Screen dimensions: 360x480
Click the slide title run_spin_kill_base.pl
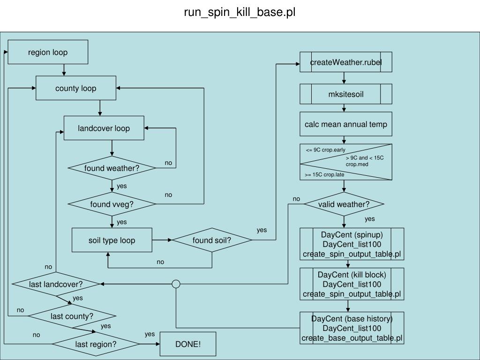pyautogui.click(x=240, y=12)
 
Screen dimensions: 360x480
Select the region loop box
pyautogui.click(x=48, y=52)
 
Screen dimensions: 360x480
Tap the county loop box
pyautogui.click(x=76, y=89)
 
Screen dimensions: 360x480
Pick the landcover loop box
pyautogui.click(x=104, y=128)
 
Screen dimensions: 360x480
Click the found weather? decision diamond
pyautogui.click(x=112, y=168)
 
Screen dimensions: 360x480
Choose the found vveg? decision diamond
pyautogui.click(x=112, y=204)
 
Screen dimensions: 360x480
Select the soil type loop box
pyautogui.click(x=112, y=240)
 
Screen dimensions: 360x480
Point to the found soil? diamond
pyautogui.click(x=212, y=240)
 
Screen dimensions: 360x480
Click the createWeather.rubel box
pyautogui.click(x=346, y=62)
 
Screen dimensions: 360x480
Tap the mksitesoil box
pyautogui.click(x=346, y=94)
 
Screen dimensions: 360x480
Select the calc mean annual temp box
pyautogui.click(x=346, y=125)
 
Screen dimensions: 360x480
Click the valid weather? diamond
pyautogui.click(x=344, y=204)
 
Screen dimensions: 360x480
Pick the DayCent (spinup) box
pyautogui.click(x=352, y=244)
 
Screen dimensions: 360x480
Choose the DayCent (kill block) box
pyautogui.click(x=352, y=284)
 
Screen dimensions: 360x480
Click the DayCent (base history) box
pyautogui.click(x=352, y=328)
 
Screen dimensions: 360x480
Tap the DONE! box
pyautogui.click(x=188, y=344)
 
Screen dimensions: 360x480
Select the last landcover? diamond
pyautogui.click(x=56, y=284)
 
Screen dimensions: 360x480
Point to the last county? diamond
pyautogui.click(x=72, y=316)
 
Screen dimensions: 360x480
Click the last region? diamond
pyautogui.click(x=96, y=344)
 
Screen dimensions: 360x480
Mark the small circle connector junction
pyautogui.click(x=176, y=284)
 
